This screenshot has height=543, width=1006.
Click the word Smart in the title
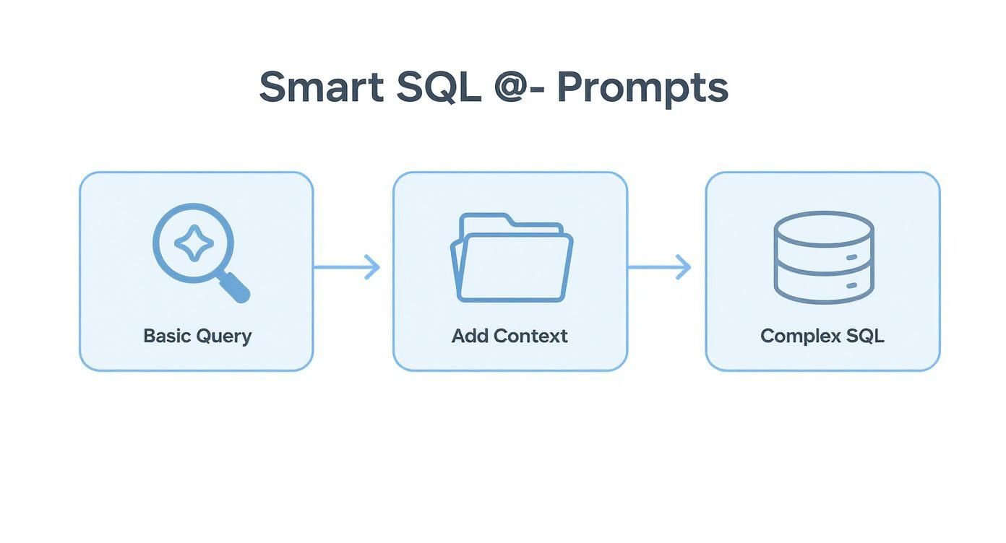322,87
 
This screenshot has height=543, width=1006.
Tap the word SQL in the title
439,87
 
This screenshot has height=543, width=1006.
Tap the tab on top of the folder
485,219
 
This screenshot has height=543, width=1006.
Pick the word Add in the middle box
469,336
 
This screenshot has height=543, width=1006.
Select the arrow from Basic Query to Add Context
347,267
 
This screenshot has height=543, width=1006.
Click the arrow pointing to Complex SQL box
659,267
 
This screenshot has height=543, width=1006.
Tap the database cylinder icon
823,257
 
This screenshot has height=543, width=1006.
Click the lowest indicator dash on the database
851,286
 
